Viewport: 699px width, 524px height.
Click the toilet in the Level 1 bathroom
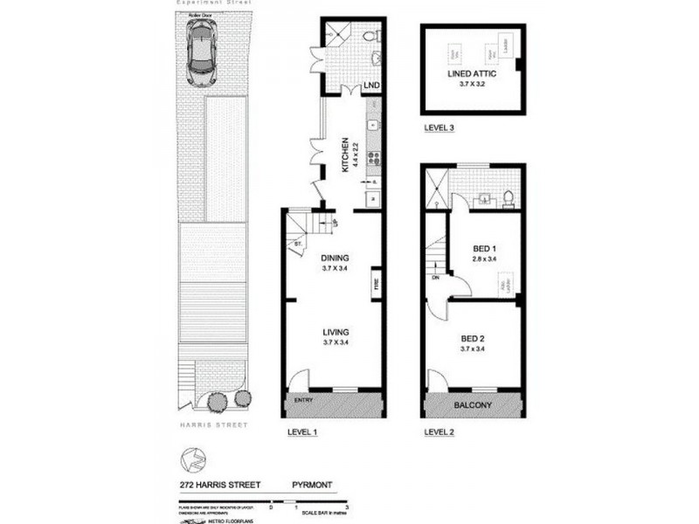371,37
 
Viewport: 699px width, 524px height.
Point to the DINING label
335,259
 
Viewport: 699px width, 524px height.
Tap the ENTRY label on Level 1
304,401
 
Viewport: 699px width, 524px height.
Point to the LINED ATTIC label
472,75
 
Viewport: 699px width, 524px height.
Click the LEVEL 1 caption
303,431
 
